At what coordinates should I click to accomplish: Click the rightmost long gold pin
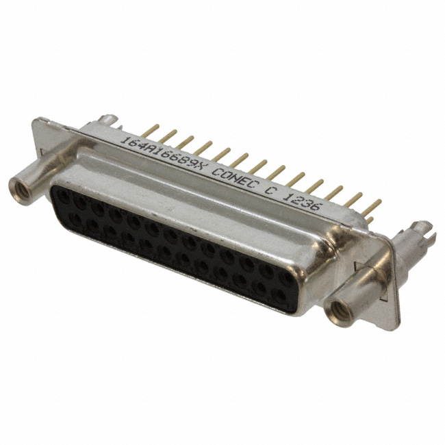tap(372, 207)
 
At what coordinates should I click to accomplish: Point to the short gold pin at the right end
tap(370, 219)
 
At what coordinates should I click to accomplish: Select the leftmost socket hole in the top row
tap(63, 195)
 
